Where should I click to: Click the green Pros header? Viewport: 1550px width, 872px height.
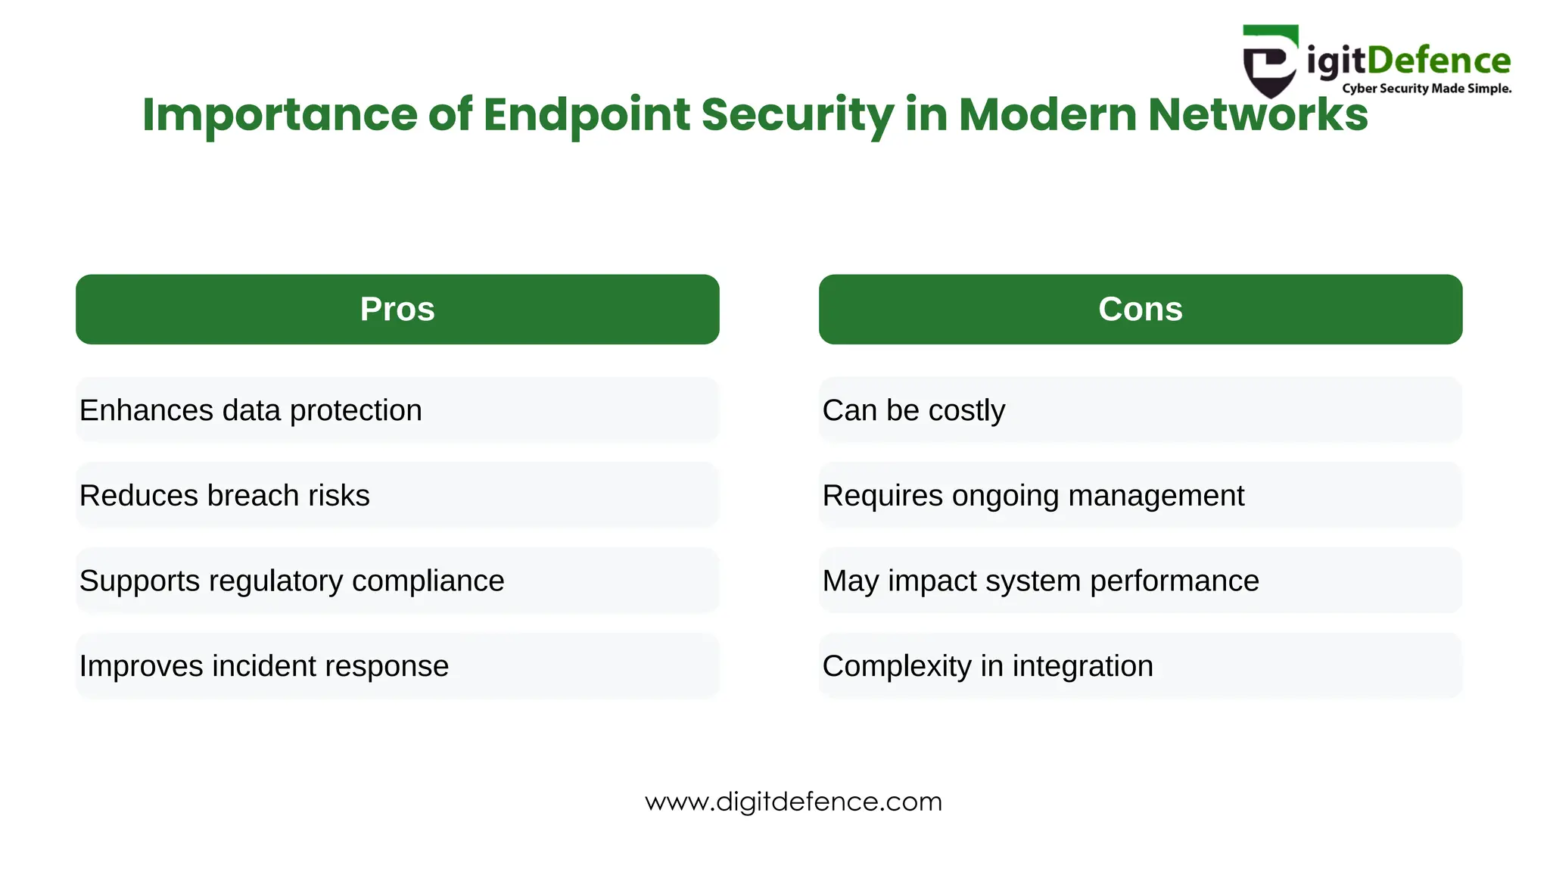[x=397, y=309]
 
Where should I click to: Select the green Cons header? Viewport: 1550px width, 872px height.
[x=1140, y=309]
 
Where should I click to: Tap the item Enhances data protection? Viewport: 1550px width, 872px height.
[x=251, y=410]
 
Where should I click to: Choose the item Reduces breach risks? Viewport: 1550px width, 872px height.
[x=225, y=496]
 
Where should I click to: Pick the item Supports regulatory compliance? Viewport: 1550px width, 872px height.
[x=291, y=581]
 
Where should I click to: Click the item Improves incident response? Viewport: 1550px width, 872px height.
[x=264, y=666]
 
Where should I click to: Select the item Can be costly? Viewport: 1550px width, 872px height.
[x=914, y=410]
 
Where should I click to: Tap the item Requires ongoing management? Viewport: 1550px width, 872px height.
[x=1033, y=496]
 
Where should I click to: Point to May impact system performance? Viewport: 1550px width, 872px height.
[x=1041, y=581]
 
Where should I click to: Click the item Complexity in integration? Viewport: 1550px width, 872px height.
[x=988, y=666]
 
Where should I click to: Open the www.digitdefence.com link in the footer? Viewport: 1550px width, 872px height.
[x=793, y=802]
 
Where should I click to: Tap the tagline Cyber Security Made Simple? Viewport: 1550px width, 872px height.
[x=1427, y=89]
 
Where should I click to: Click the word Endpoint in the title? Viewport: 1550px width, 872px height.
[x=587, y=115]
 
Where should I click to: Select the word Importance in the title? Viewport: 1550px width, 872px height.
[x=279, y=115]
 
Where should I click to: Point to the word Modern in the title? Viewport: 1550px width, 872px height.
[x=1047, y=115]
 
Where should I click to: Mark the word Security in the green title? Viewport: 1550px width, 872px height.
[x=798, y=115]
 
